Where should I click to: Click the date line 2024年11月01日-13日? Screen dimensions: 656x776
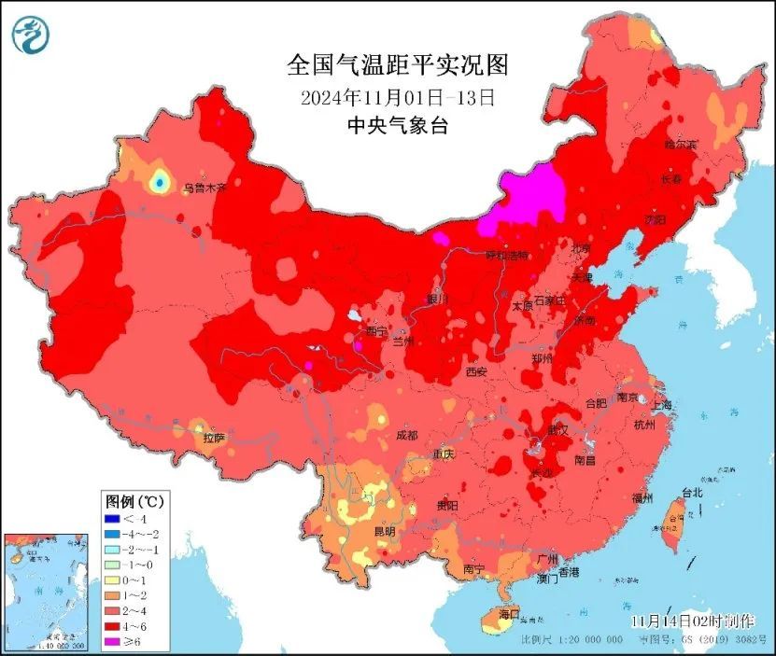pyautogui.click(x=397, y=96)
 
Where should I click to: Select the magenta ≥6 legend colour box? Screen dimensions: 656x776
pyautogui.click(x=112, y=640)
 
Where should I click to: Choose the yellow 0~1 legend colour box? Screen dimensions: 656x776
pyautogui.click(x=112, y=579)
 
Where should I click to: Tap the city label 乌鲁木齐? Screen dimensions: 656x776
pyautogui.click(x=205, y=188)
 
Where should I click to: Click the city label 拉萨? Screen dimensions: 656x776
pyautogui.click(x=213, y=438)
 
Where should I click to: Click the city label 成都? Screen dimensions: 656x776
pyautogui.click(x=406, y=435)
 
